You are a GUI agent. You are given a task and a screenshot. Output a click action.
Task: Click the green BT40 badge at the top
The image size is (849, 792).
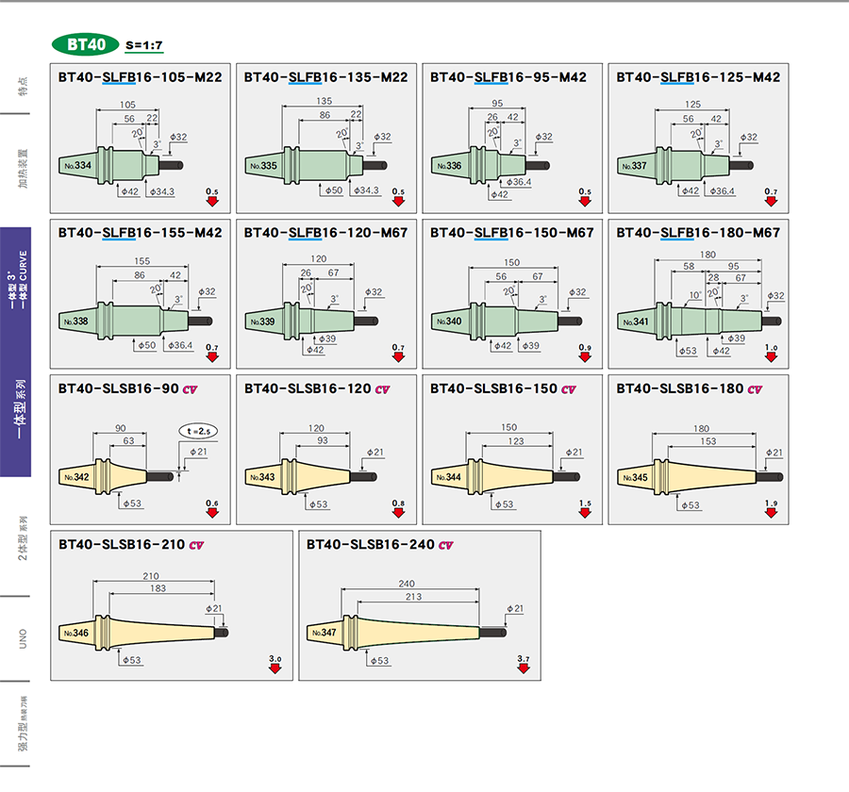pyautogui.click(x=86, y=44)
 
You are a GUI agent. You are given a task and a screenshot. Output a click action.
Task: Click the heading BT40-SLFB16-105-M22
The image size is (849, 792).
pyautogui.click(x=140, y=76)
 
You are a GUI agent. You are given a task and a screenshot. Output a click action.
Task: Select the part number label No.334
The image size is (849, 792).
pyautogui.click(x=77, y=165)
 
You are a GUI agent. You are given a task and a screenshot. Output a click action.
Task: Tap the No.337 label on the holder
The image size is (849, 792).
pyautogui.click(x=636, y=166)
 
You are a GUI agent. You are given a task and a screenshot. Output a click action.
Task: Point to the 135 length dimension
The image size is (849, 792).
pyautogui.click(x=324, y=101)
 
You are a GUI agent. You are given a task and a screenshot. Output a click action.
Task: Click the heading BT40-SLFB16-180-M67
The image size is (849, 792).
pyautogui.click(x=698, y=232)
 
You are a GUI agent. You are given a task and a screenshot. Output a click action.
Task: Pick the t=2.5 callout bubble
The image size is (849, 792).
pyautogui.click(x=200, y=432)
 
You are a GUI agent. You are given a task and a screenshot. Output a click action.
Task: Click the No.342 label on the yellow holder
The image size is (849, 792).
pyautogui.click(x=76, y=477)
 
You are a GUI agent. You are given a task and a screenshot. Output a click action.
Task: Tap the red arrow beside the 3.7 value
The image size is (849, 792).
pyautogui.click(x=524, y=668)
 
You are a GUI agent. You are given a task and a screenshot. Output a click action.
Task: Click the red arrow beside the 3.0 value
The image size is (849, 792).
pyautogui.click(x=275, y=668)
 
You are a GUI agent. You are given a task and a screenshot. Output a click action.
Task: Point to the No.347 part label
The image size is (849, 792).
pyautogui.click(x=322, y=633)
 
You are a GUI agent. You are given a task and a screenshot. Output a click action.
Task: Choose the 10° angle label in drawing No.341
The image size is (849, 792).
pyautogui.click(x=694, y=295)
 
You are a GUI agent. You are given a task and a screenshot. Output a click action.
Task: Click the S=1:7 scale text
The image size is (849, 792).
pyautogui.click(x=144, y=45)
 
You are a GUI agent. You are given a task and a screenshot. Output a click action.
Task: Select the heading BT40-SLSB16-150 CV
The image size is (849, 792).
pyautogui.click(x=503, y=388)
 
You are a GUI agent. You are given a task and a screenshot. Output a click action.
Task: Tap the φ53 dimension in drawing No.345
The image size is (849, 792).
pyautogui.click(x=690, y=505)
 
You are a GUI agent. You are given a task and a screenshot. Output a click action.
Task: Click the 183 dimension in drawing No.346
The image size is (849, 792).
pyautogui.click(x=158, y=588)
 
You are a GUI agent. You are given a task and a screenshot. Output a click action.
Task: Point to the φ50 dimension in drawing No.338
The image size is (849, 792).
pyautogui.click(x=146, y=346)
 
